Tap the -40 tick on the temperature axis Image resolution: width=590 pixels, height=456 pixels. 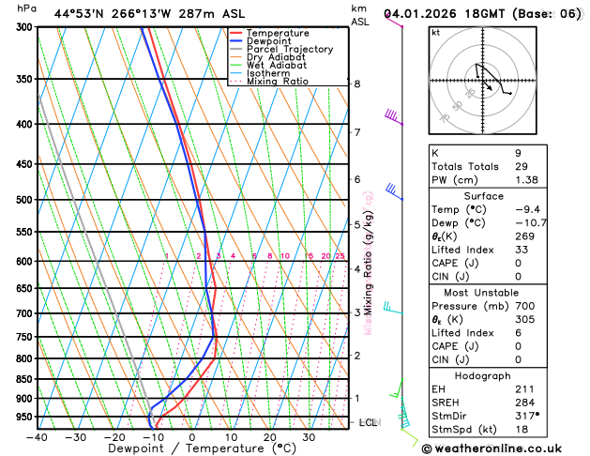point(38,437)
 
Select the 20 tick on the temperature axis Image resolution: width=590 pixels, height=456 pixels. point(270,437)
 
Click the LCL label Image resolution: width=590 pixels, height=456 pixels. point(368,423)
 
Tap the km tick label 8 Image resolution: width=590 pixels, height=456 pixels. point(356,84)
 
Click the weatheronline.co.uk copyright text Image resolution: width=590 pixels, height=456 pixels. point(505,448)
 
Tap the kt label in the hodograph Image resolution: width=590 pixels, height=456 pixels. point(435,33)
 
